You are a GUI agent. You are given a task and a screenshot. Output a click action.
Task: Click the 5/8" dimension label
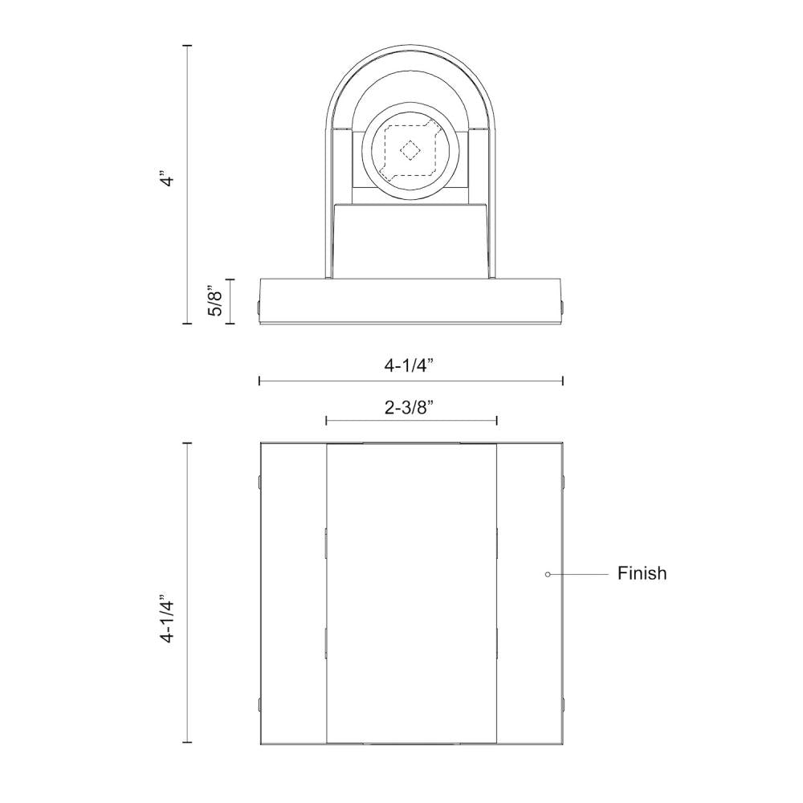215,300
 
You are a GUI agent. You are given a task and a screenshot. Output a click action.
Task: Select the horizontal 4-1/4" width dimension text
410,365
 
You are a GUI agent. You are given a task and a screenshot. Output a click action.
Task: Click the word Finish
642,573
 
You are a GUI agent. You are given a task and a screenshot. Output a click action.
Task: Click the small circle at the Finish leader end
547,574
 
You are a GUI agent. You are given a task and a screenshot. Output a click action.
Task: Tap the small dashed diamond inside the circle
410,149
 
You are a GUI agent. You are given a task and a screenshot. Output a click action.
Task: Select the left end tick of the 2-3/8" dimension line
326,420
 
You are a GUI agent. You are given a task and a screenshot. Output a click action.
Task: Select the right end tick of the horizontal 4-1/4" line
563,381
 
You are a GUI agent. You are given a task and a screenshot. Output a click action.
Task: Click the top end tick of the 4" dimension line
188,47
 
